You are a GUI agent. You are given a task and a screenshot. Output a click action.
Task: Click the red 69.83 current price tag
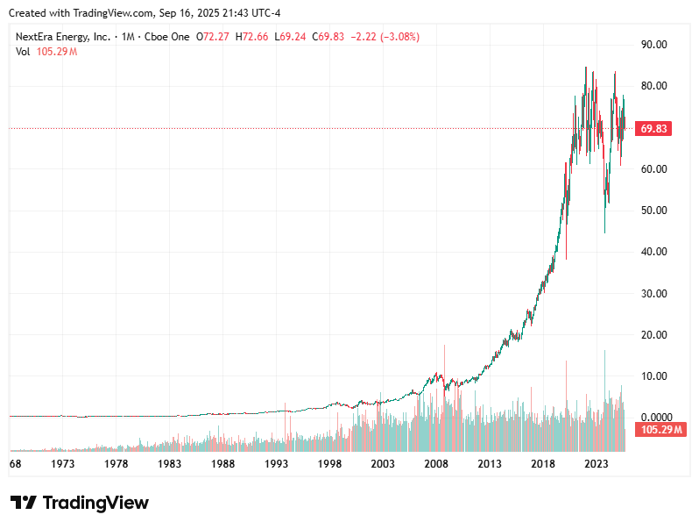(654, 129)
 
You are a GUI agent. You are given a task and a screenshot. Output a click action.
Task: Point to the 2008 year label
(436, 463)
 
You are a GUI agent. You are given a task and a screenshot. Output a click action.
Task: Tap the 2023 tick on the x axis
(597, 463)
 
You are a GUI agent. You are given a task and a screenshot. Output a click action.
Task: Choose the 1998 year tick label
(329, 463)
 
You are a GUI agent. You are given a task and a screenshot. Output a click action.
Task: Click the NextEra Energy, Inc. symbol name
(63, 37)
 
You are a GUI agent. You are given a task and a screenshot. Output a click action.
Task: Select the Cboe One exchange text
(166, 37)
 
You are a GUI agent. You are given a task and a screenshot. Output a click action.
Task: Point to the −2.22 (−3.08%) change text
(385, 37)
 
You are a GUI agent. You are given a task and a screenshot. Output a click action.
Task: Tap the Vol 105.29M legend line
(46, 52)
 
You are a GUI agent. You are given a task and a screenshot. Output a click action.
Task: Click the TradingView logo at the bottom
(80, 503)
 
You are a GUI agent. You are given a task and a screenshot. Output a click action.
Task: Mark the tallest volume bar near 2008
(445, 395)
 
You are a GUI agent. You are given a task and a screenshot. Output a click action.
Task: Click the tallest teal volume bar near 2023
(604, 395)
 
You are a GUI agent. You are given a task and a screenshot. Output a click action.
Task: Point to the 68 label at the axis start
(15, 463)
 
